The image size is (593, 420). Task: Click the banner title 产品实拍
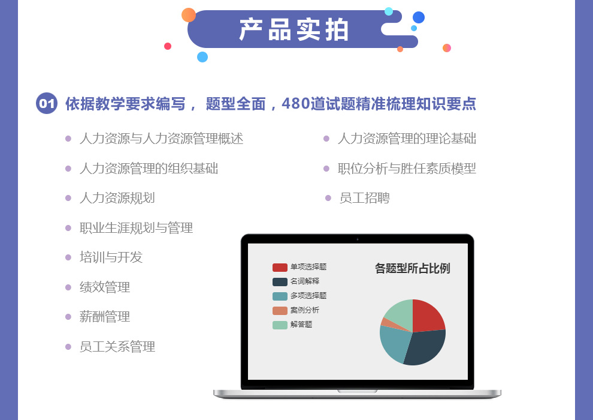click(294, 29)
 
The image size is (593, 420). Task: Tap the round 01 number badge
click(47, 103)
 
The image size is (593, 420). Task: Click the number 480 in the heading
click(296, 103)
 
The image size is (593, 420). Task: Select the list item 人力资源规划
click(117, 198)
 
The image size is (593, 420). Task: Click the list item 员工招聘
click(364, 198)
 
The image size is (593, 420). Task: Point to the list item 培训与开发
click(111, 257)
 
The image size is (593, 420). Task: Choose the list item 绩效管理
click(105, 287)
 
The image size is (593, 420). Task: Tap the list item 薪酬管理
click(105, 317)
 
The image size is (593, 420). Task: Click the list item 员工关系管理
click(117, 347)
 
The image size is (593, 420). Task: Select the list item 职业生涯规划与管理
click(136, 228)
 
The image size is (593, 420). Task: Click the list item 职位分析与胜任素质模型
click(407, 169)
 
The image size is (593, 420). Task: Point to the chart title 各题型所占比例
click(412, 268)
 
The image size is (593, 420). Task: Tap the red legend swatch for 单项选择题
click(280, 268)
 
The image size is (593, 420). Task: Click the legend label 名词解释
click(305, 281)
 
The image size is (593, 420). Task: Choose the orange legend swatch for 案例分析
click(280, 311)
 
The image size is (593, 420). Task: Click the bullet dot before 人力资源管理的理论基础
click(326, 139)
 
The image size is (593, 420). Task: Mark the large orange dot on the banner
click(188, 15)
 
